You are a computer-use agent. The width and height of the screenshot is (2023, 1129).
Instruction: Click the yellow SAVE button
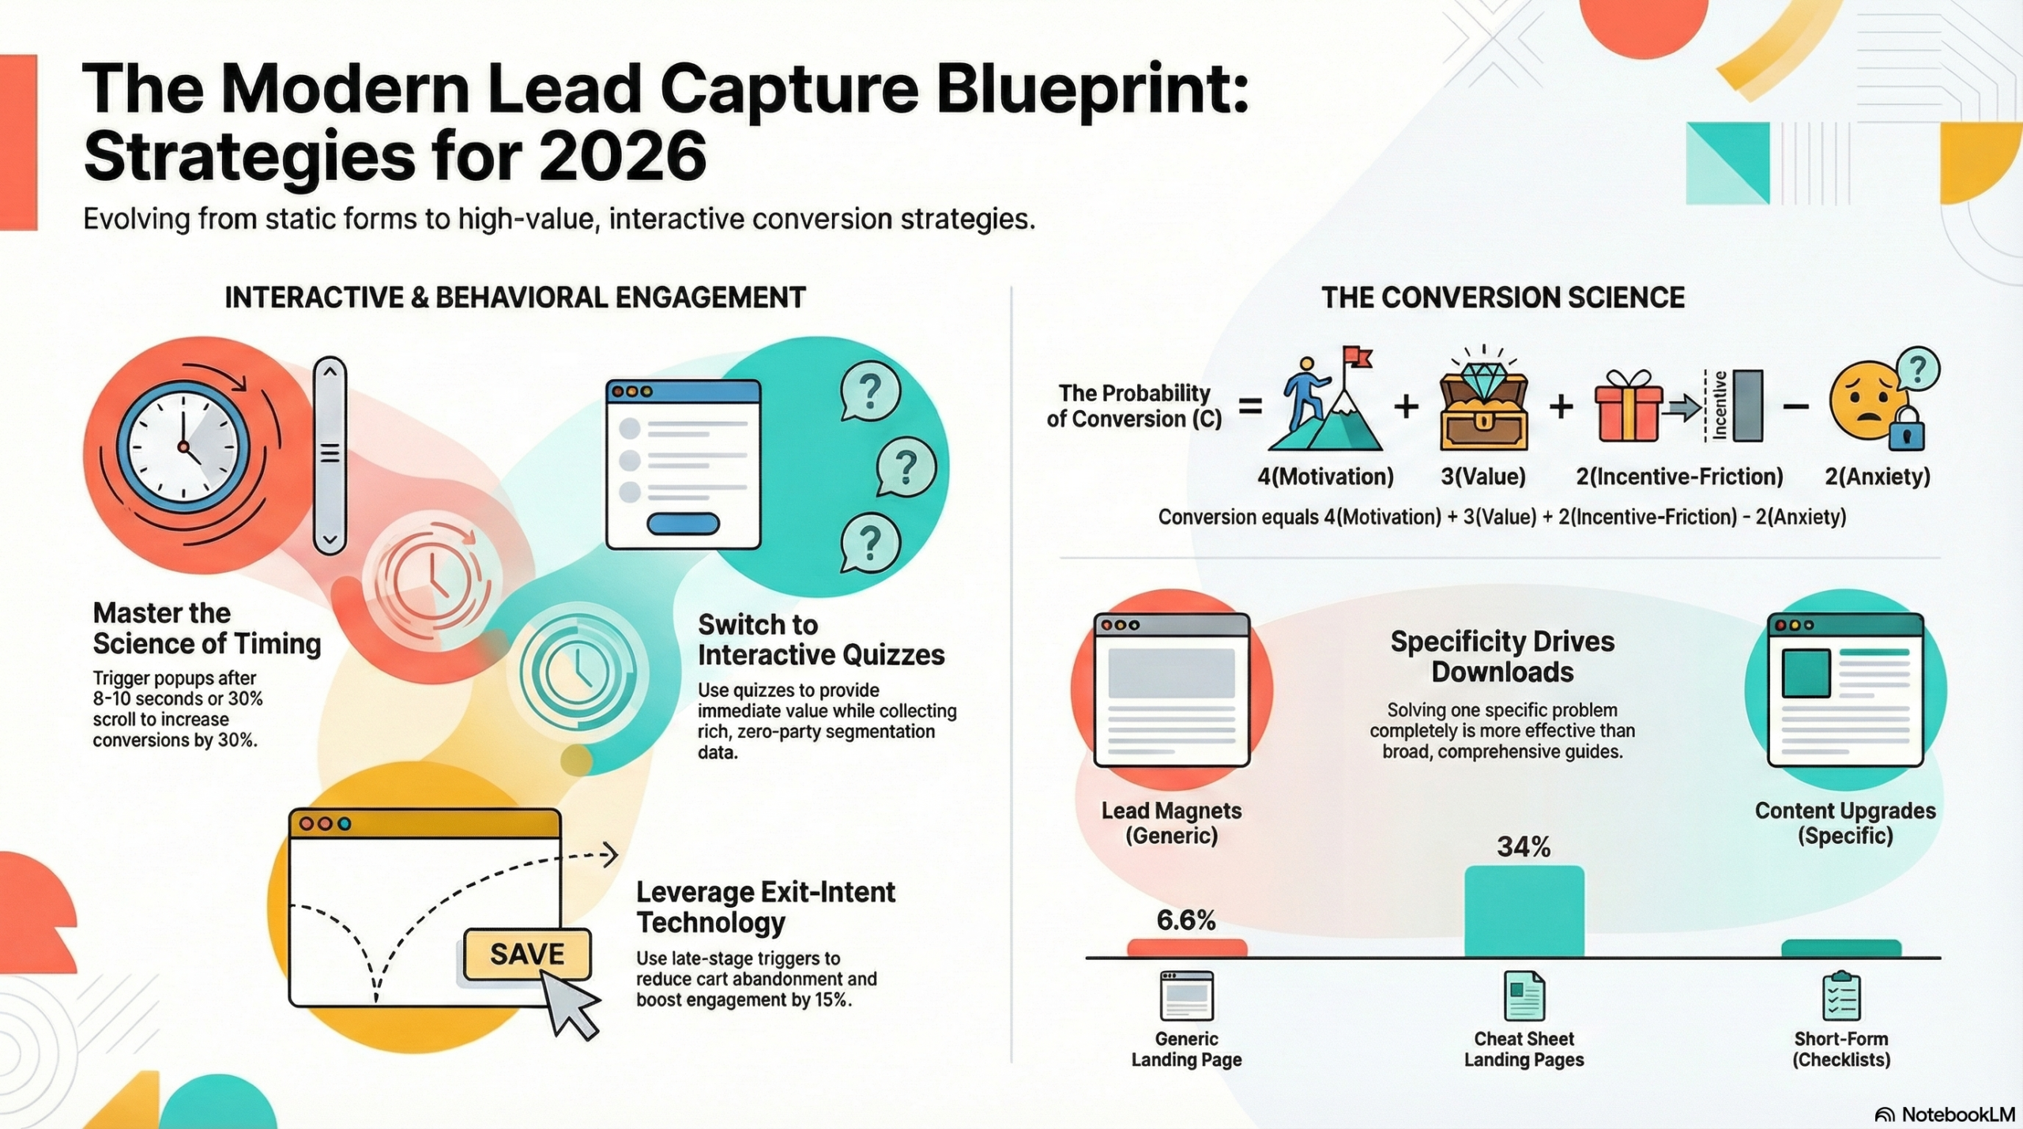click(527, 954)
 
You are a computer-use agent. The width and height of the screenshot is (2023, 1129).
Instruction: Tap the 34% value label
click(1524, 847)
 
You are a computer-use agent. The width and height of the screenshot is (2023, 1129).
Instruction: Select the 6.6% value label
click(1185, 920)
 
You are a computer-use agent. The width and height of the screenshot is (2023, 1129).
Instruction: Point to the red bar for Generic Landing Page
click(1186, 948)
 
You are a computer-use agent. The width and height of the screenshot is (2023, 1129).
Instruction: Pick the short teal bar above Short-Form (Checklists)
click(1841, 948)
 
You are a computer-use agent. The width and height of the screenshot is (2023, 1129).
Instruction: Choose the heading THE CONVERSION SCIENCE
click(1503, 298)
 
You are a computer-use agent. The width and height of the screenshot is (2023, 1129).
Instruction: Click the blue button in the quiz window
click(683, 523)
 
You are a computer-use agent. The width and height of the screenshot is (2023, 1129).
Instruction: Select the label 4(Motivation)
click(1325, 476)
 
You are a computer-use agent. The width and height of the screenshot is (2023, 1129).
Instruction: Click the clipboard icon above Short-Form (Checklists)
click(1841, 996)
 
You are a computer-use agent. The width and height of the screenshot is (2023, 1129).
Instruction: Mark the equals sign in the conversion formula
click(1249, 407)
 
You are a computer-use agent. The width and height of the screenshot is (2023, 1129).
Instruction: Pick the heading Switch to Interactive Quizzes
click(820, 640)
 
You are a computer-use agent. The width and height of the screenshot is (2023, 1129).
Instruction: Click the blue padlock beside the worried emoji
click(1907, 431)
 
